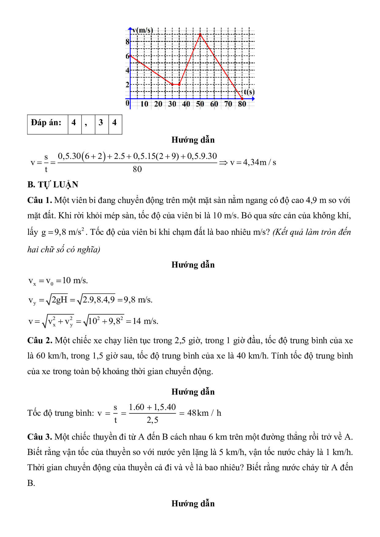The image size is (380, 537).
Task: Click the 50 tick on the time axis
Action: (x=200, y=104)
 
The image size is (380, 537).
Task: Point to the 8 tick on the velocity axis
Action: (x=127, y=42)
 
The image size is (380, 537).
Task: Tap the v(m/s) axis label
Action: (x=142, y=30)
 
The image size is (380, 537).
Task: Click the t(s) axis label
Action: (x=249, y=92)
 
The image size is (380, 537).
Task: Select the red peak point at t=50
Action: (x=200, y=34)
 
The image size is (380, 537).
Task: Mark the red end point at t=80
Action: (x=242, y=99)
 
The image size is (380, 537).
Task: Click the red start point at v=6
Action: (x=131, y=56)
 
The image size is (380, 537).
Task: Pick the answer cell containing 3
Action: (x=101, y=123)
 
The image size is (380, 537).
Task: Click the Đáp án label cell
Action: (x=46, y=123)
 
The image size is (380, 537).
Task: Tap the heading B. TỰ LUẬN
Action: (x=53, y=185)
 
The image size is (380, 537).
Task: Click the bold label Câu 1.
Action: (x=40, y=200)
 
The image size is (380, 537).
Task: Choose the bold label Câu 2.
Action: (x=40, y=340)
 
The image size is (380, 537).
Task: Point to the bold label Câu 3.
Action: (x=40, y=437)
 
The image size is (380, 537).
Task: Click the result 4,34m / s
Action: (x=253, y=162)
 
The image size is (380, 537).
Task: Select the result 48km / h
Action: (x=204, y=413)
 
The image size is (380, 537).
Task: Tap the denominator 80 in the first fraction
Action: (x=137, y=169)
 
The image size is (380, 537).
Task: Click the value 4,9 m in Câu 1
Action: (x=316, y=200)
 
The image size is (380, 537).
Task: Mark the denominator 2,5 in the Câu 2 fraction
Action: (x=152, y=420)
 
